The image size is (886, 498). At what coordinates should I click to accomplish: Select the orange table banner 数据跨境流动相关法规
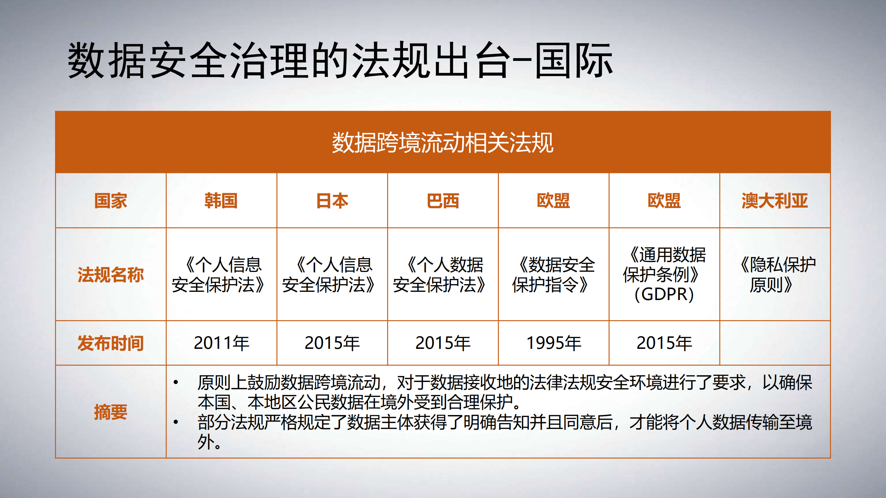click(442, 142)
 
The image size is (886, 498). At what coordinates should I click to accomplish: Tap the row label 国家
click(110, 201)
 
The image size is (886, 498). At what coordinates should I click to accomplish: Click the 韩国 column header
click(221, 201)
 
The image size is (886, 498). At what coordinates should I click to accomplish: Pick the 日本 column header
click(332, 201)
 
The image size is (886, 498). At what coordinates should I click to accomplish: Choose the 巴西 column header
click(442, 201)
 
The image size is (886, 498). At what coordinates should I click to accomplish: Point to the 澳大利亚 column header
click(775, 201)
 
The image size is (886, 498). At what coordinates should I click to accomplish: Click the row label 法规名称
click(110, 274)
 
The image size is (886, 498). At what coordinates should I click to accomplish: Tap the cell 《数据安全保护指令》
click(553, 274)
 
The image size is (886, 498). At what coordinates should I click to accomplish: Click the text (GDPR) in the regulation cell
click(664, 295)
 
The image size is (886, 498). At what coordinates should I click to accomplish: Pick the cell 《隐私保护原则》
click(775, 274)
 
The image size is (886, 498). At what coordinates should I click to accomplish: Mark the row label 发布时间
click(110, 343)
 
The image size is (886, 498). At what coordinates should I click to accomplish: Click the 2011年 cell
click(221, 343)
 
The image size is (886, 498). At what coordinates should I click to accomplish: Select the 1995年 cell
click(553, 343)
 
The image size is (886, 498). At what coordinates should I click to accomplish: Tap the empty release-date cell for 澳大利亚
click(775, 343)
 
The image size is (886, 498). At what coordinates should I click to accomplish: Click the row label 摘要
click(110, 412)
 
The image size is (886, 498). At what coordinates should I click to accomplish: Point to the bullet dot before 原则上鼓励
click(176, 382)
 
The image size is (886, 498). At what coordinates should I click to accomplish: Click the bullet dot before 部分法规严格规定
click(176, 422)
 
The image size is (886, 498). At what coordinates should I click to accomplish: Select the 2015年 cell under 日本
click(332, 343)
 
